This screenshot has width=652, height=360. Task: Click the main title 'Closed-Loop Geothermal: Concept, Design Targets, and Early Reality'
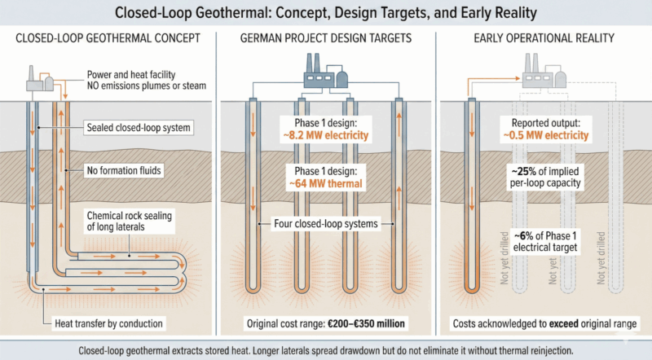[326, 14]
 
